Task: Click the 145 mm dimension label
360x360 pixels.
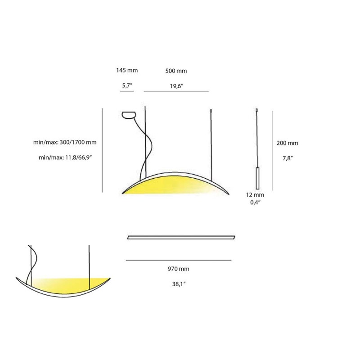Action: point(126,70)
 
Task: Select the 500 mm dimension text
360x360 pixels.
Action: point(176,71)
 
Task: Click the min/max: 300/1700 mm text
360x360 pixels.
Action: point(65,143)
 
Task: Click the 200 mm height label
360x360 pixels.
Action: point(288,143)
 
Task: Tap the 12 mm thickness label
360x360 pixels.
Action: point(256,195)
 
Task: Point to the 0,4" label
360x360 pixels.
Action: point(256,203)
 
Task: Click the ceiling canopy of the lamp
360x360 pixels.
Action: point(129,114)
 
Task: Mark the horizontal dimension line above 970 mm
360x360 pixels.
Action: point(179,260)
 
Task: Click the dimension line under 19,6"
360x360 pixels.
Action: point(176,91)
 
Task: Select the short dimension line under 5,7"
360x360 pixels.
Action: point(127,91)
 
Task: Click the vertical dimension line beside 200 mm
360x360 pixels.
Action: point(272,149)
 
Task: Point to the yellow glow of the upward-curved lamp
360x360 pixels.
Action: point(67,284)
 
